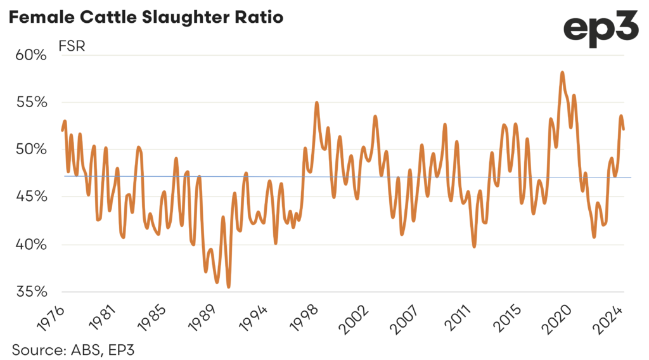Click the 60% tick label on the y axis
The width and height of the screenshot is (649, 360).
[x=31, y=55]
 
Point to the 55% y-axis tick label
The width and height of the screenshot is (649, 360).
[x=31, y=103]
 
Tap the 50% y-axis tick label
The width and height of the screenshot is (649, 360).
[x=31, y=150]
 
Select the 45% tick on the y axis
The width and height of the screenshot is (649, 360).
[x=31, y=197]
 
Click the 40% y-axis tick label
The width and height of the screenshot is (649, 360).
[x=31, y=245]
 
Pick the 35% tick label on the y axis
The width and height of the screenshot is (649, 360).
[x=31, y=292]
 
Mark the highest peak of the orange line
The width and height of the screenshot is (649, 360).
[x=562, y=73]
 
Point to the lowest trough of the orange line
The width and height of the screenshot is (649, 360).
[x=228, y=286]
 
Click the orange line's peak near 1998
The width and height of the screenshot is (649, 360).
[x=317, y=103]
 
